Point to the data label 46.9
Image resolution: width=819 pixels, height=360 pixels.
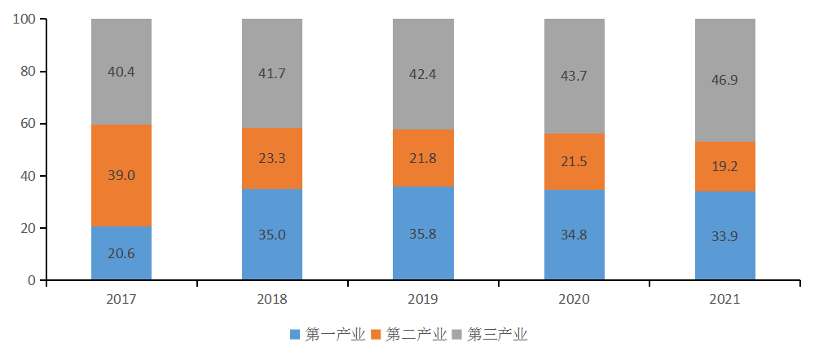pyautogui.click(x=724, y=80)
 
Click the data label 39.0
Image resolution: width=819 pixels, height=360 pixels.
pyautogui.click(x=121, y=176)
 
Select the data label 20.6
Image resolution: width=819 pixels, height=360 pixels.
pyautogui.click(x=121, y=253)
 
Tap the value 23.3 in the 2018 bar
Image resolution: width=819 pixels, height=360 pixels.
pyautogui.click(x=271, y=160)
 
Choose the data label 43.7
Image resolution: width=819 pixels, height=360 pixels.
pyautogui.click(x=574, y=76)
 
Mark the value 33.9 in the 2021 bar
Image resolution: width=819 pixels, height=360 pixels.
pyautogui.click(x=724, y=237)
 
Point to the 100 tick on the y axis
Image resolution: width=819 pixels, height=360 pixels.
pyautogui.click(x=24, y=20)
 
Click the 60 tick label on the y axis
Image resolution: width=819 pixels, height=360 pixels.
pyautogui.click(x=27, y=124)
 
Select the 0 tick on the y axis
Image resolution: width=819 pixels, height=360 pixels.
pyautogui.click(x=31, y=280)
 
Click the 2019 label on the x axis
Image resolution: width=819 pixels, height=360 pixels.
pyautogui.click(x=422, y=300)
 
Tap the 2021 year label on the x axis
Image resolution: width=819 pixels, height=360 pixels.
pyautogui.click(x=724, y=300)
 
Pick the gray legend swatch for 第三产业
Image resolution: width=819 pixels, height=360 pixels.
pyautogui.click(x=457, y=335)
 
